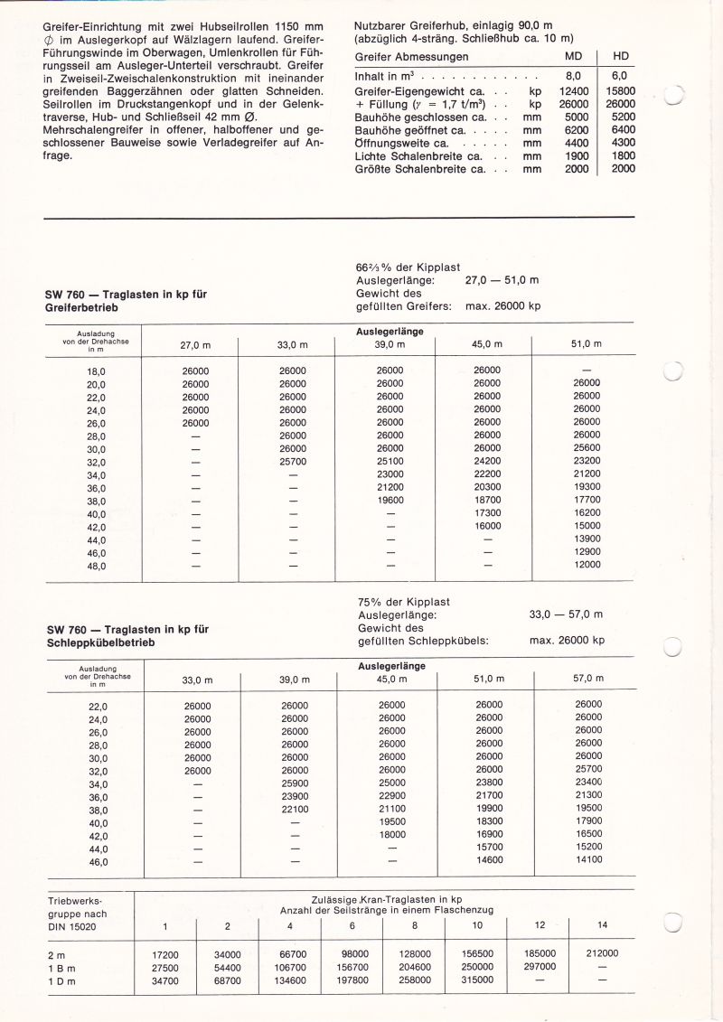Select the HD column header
(x=621, y=57)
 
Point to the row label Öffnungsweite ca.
(x=391, y=143)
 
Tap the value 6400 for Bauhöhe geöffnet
(x=623, y=130)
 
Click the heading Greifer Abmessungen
(x=399, y=57)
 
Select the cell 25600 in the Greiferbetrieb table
(x=587, y=449)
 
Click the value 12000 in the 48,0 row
(x=587, y=565)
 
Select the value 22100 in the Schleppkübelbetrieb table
(x=296, y=810)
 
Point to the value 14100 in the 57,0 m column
(x=588, y=861)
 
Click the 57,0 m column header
(x=588, y=679)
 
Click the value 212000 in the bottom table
(x=602, y=953)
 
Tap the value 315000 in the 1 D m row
(x=477, y=980)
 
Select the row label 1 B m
(x=62, y=967)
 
